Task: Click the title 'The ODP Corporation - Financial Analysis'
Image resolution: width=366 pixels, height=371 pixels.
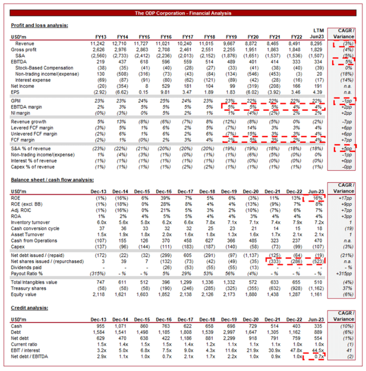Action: (182, 13)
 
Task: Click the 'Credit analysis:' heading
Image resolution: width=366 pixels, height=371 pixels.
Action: (29, 308)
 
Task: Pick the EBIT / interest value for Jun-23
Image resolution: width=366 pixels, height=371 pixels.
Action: (316, 349)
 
